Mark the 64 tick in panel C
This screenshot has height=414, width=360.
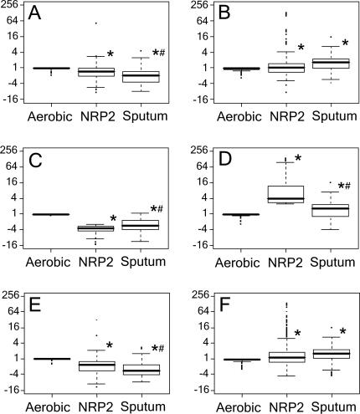pos(15,166)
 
